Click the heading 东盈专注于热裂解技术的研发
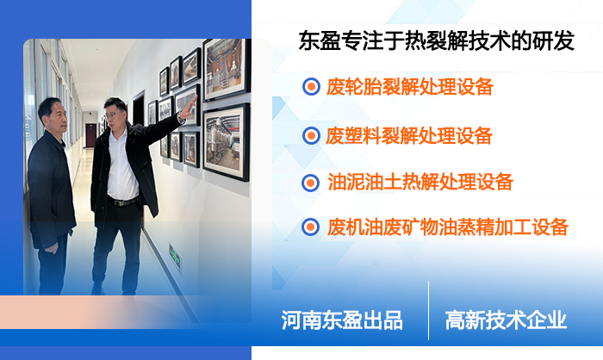click(x=436, y=41)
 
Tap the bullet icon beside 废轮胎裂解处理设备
click(x=311, y=87)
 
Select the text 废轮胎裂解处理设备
click(x=410, y=87)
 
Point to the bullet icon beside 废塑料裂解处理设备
click(x=311, y=135)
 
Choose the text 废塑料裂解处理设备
click(x=410, y=135)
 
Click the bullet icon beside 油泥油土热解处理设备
click(x=311, y=182)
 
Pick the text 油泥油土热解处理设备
click(x=420, y=182)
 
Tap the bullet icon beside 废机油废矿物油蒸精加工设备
click(x=311, y=227)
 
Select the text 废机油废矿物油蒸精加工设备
click(x=448, y=227)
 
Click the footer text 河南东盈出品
click(x=342, y=320)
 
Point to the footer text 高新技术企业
click(x=506, y=320)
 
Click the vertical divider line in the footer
click(x=428, y=310)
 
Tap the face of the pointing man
click(x=117, y=115)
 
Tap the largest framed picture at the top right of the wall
click(x=225, y=68)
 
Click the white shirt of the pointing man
click(x=121, y=168)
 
